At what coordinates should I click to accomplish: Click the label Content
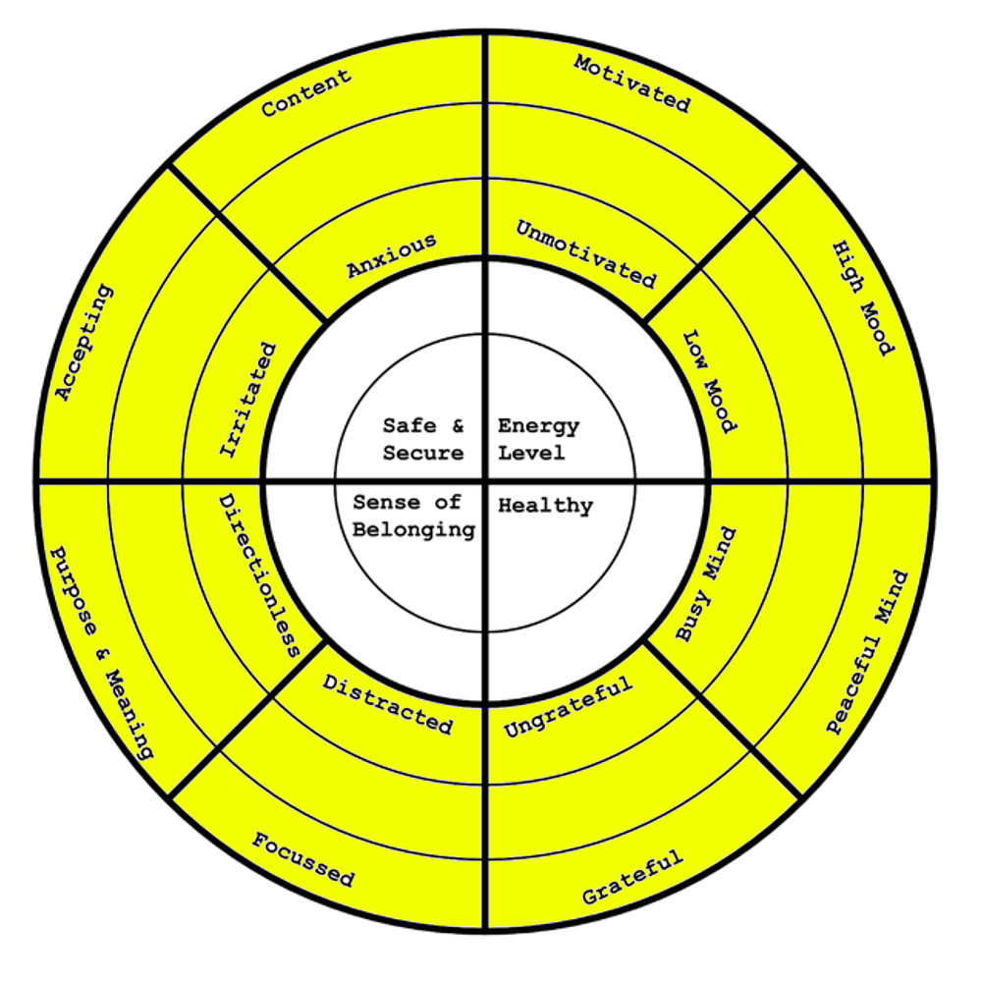pos(306,93)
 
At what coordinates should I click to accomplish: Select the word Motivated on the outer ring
pos(632,82)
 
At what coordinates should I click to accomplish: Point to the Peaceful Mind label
pos(867,652)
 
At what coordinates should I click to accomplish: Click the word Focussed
pos(303,859)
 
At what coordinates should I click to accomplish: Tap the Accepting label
pos(83,343)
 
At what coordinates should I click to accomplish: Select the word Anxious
pos(391,256)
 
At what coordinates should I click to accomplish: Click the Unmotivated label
pos(586,253)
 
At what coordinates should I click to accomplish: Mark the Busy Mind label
pos(707,586)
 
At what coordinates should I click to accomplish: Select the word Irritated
pos(247,400)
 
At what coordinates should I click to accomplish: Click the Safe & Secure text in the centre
pos(423,439)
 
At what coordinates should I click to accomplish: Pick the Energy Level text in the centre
pos(538,439)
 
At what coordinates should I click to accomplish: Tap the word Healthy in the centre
pos(545,506)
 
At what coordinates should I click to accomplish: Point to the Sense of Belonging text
pos(413,516)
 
